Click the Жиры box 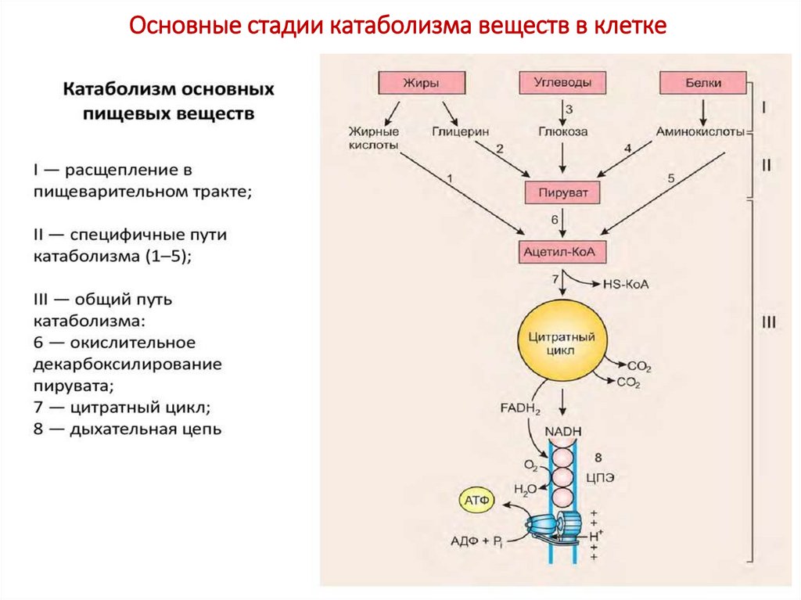pos(421,82)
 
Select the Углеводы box pos(562,82)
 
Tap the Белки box pos(702,82)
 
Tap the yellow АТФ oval pos(476,499)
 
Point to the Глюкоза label pos(562,132)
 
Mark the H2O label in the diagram pos(525,490)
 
